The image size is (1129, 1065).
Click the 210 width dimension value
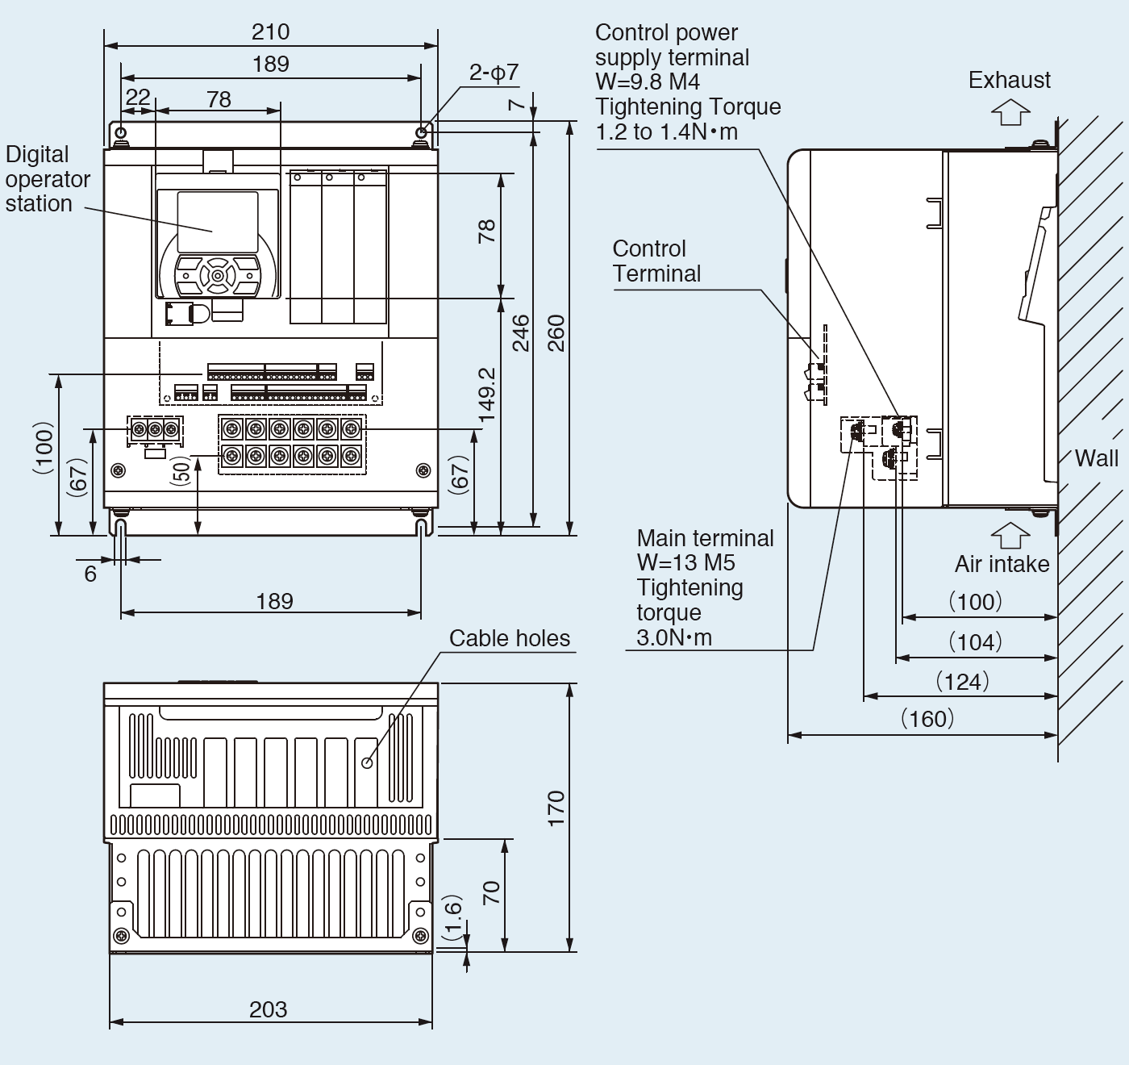click(x=270, y=32)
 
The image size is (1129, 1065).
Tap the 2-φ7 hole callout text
click(x=494, y=73)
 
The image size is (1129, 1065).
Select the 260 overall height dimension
click(x=556, y=332)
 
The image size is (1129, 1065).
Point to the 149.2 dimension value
click(x=486, y=395)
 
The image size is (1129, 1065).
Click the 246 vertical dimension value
click(x=521, y=332)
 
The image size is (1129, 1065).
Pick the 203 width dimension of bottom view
click(x=269, y=1009)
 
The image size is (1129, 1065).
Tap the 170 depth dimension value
click(x=556, y=808)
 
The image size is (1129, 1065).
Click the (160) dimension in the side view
click(x=927, y=718)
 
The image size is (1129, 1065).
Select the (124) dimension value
click(x=962, y=682)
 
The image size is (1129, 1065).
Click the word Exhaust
click(x=1009, y=81)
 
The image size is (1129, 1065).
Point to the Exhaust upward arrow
click(x=1010, y=112)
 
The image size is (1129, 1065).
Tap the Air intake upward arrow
click(x=1010, y=535)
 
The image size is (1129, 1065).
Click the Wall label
click(x=1097, y=458)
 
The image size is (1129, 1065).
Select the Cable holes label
click(x=509, y=638)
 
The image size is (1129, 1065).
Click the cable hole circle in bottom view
click(x=367, y=762)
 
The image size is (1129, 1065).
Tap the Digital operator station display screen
click(x=217, y=222)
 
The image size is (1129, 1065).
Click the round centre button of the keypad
click(x=217, y=276)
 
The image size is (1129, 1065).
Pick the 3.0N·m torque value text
click(x=674, y=637)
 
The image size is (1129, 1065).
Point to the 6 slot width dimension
click(x=90, y=574)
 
